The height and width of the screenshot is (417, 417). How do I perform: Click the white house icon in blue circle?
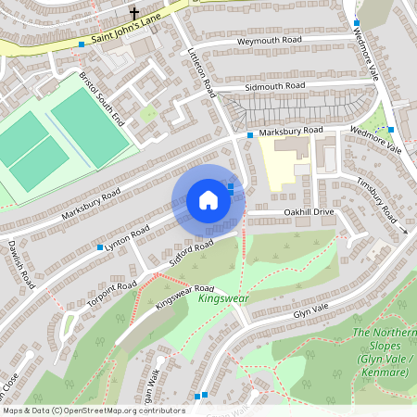[x=208, y=200]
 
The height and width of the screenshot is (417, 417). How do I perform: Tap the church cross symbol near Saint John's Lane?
[x=134, y=14]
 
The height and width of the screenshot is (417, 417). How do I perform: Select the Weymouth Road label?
[x=270, y=41]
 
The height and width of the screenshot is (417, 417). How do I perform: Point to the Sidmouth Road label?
[x=274, y=85]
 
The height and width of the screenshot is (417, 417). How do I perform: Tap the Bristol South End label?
[x=101, y=99]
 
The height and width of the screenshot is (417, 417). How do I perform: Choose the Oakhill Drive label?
[x=308, y=212]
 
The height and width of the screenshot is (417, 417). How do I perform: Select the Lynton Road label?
[x=127, y=237]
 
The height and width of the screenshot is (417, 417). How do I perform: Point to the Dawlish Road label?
[x=21, y=264]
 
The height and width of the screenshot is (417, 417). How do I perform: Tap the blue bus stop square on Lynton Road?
[x=100, y=247]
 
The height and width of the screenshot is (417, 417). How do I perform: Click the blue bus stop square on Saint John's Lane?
[x=82, y=44]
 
